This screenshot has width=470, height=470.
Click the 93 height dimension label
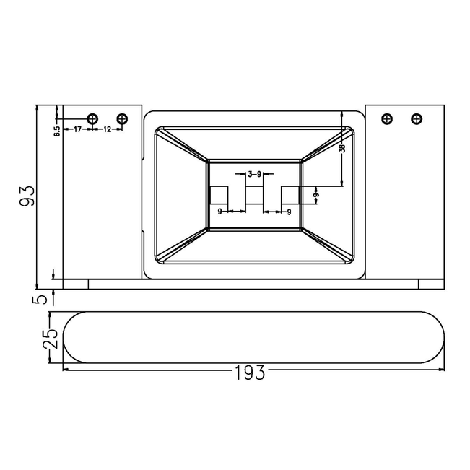pos(27,196)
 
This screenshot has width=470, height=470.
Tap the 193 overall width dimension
pos(249,373)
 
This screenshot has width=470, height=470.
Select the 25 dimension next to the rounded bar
pos(50,339)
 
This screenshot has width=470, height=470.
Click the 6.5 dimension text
pos(57,131)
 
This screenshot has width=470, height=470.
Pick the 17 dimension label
pos(77,129)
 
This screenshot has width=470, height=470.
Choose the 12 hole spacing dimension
pos(107,129)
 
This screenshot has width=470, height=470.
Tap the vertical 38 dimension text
pos(343,148)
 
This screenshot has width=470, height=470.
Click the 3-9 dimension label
pos(254,173)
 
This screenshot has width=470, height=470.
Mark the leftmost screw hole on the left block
pos(92,118)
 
